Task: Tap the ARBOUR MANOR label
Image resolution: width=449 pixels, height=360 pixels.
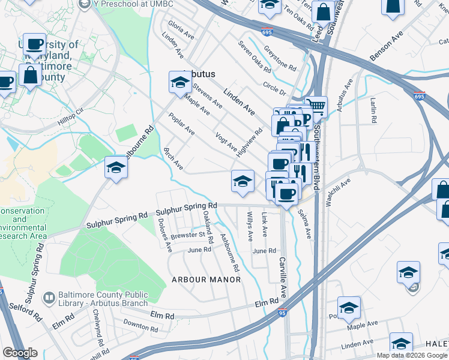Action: click(x=206, y=280)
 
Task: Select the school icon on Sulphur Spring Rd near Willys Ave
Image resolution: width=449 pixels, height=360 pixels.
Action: click(x=241, y=181)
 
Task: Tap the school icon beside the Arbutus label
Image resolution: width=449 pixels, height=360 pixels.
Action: click(x=179, y=83)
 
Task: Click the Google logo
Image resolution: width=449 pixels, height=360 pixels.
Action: click(x=20, y=352)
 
